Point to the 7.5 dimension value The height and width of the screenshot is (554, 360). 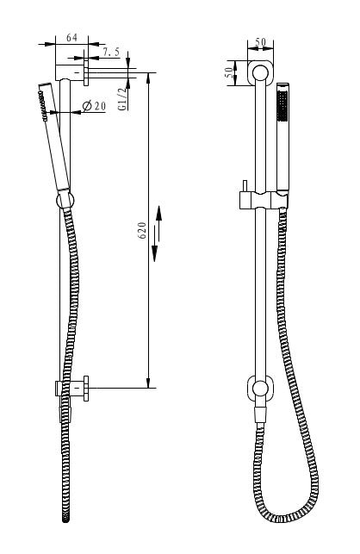[111, 53]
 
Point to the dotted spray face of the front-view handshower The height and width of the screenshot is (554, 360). [280, 113]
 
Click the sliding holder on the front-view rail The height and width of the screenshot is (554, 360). [261, 201]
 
